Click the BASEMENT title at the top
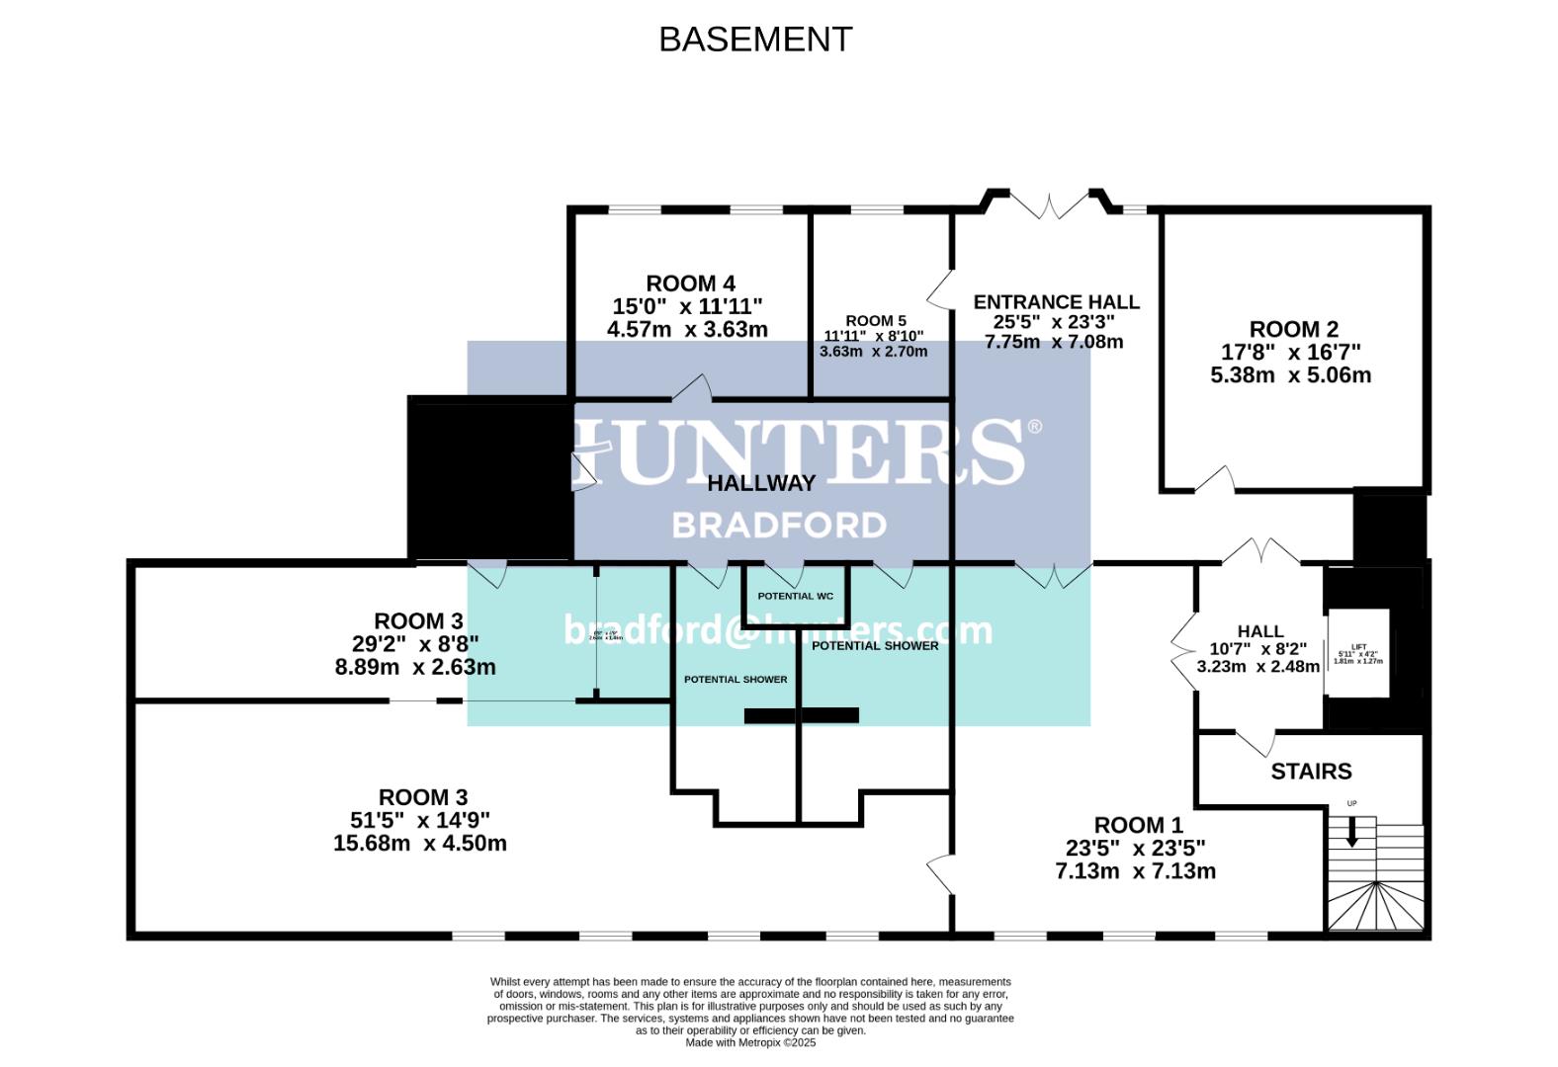[755, 40]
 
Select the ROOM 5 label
[875, 320]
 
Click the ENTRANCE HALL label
[1056, 302]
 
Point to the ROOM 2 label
[1293, 330]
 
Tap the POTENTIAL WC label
[795, 597]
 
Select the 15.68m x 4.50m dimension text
[420, 844]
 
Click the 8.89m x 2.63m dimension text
[415, 668]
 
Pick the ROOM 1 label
[1137, 825]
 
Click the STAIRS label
[1311, 772]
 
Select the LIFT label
[1358, 647]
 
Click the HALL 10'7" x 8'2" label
[1257, 648]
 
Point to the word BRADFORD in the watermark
[779, 525]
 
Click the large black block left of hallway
[491, 480]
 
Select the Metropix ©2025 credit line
[750, 1042]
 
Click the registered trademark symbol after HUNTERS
[1034, 427]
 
